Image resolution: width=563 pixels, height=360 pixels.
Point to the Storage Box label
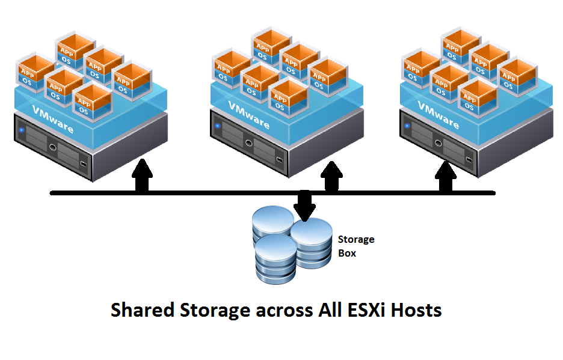pyautogui.click(x=355, y=246)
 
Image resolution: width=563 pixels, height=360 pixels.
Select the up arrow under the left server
pyautogui.click(x=142, y=177)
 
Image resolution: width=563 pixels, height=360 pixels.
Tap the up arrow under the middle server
pyautogui.click(x=330, y=177)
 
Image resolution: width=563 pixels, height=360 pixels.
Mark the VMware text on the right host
pyautogui.click(x=438, y=115)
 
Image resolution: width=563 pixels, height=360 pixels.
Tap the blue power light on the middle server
pyautogui.click(x=217, y=126)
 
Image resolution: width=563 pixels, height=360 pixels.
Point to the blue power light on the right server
pyautogui.click(x=407, y=126)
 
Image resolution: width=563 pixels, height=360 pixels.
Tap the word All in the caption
pyautogui.click(x=330, y=310)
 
